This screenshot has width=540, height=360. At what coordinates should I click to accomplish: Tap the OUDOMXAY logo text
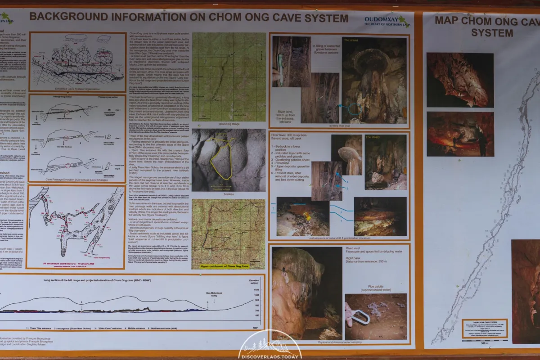381,19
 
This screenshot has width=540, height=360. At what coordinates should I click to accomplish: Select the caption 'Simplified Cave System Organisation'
76,90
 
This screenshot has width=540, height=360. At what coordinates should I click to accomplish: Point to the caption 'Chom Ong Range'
228,124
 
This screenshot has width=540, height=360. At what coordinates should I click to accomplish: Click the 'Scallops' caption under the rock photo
228,194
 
